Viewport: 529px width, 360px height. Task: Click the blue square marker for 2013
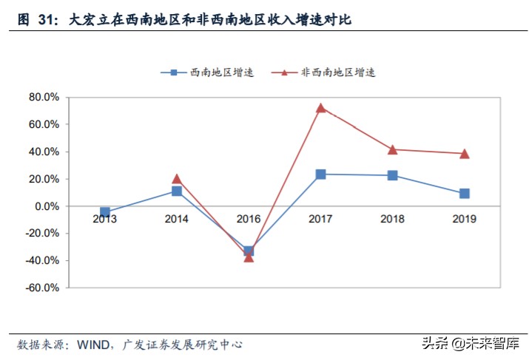click(105, 212)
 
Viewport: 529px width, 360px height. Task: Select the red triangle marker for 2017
click(320, 108)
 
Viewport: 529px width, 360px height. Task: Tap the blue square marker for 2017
click(320, 174)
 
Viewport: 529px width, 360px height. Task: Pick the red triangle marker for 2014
click(177, 179)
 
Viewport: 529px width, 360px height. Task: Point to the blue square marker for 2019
click(464, 194)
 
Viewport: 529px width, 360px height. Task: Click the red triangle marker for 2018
click(392, 149)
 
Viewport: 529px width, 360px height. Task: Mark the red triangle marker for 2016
click(249, 257)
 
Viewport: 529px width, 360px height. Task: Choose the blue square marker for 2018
click(392, 175)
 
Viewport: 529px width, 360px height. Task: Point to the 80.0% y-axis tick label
click(44, 97)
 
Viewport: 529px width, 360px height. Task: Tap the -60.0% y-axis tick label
click(42, 288)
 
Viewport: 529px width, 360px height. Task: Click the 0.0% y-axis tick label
click(47, 206)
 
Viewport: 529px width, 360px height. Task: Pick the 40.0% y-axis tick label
click(44, 152)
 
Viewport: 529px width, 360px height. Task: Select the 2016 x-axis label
click(249, 219)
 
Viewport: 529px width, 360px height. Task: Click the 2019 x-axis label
click(464, 219)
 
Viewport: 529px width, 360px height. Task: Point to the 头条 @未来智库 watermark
click(470, 343)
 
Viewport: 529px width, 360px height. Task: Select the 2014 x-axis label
click(177, 219)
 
